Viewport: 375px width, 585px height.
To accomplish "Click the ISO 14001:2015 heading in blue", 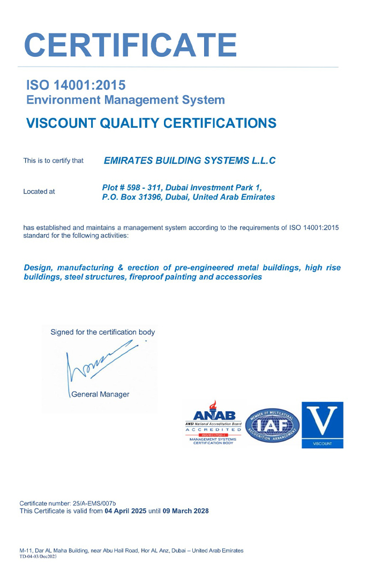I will pos(76,85).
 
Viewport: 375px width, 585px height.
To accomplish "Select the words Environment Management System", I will pos(125,100).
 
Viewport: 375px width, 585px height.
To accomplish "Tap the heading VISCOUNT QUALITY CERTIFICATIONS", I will pos(151,123).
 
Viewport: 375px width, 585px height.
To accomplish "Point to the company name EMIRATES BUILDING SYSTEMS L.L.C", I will pos(189,160).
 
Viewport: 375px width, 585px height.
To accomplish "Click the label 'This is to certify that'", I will pos(54,160).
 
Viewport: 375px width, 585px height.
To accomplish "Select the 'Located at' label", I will pos(39,192).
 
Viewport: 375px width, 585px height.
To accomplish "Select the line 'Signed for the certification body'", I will pos(102,332).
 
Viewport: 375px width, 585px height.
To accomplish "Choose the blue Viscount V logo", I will pos(322,425).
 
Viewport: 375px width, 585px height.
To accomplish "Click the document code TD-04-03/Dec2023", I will pos(38,557).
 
